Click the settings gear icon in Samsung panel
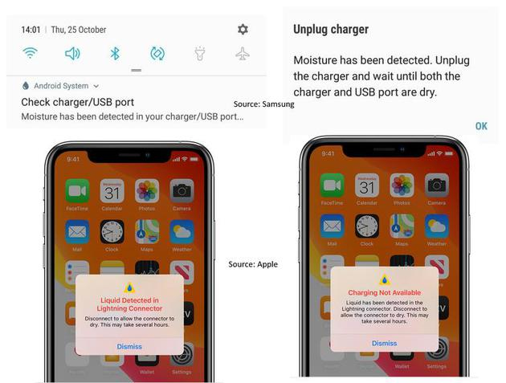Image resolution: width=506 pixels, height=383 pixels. click(x=243, y=30)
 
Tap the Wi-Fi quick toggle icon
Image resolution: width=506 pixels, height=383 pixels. click(x=31, y=54)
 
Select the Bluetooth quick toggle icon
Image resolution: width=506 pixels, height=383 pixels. click(x=115, y=54)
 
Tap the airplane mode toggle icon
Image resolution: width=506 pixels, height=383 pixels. click(x=243, y=54)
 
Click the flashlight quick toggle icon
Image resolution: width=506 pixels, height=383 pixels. click(x=200, y=54)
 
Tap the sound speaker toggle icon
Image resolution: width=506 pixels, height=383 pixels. click(x=72, y=54)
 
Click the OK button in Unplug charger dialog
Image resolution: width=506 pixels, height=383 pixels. click(x=481, y=126)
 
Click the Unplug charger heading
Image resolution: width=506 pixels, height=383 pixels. click(x=330, y=30)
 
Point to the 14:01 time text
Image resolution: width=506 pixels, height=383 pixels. click(x=31, y=30)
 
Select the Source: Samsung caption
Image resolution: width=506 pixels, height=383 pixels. click(x=263, y=104)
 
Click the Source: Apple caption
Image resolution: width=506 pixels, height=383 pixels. click(x=253, y=264)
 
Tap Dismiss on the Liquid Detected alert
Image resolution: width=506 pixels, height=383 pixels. click(x=129, y=347)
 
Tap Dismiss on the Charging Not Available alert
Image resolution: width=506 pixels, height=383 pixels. click(x=384, y=343)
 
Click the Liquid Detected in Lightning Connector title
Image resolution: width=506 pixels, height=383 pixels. click(x=129, y=304)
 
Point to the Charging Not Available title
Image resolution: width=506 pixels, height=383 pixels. click(x=384, y=293)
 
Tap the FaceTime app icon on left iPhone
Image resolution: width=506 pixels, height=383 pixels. click(x=77, y=190)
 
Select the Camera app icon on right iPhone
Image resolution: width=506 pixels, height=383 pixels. click(x=436, y=186)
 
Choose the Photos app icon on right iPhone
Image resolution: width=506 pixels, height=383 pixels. click(x=402, y=186)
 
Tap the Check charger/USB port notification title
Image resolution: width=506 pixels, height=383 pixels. click(x=77, y=102)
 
